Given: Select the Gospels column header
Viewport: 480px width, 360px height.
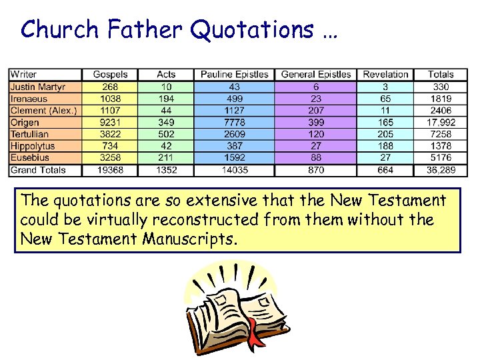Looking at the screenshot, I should pos(110,75).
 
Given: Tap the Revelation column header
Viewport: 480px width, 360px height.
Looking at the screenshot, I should pos(385,75).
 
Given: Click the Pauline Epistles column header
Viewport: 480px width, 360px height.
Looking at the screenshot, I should pos(235,75).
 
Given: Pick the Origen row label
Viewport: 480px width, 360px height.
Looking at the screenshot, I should pos(25,123).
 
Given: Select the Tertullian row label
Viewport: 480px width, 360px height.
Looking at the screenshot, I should pos(29,134).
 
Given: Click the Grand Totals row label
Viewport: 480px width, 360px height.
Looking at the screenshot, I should pos(37,170).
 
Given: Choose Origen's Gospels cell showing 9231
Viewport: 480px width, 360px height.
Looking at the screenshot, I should pos(110,123).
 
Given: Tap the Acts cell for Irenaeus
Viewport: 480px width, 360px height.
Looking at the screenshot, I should pos(166,99).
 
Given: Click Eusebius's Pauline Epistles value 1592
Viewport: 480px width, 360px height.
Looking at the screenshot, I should pos(235,158).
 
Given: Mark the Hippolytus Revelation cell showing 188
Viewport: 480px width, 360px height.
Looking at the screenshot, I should pos(385,146).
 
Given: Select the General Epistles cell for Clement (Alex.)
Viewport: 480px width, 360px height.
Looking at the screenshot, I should pos(316,111).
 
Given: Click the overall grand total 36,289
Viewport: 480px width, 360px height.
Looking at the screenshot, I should pos(441,170).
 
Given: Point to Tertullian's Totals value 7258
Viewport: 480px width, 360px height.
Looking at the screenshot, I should pos(441,134).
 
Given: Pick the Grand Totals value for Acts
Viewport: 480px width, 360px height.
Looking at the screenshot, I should pos(166,170).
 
